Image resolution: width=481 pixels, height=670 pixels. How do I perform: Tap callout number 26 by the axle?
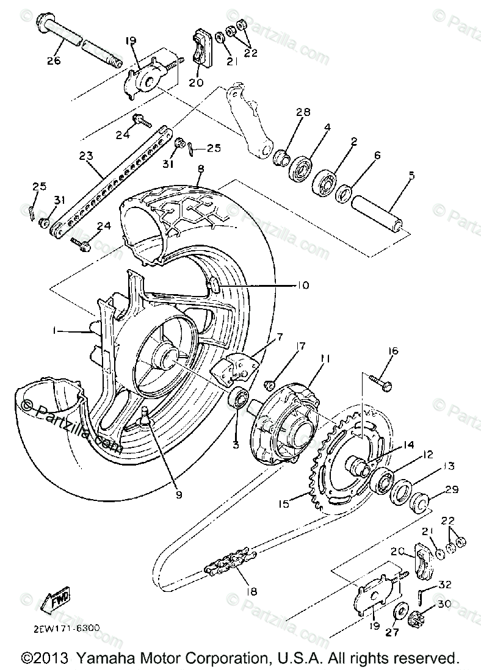tap(53, 60)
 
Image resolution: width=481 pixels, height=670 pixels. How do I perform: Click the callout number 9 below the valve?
tap(179, 495)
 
